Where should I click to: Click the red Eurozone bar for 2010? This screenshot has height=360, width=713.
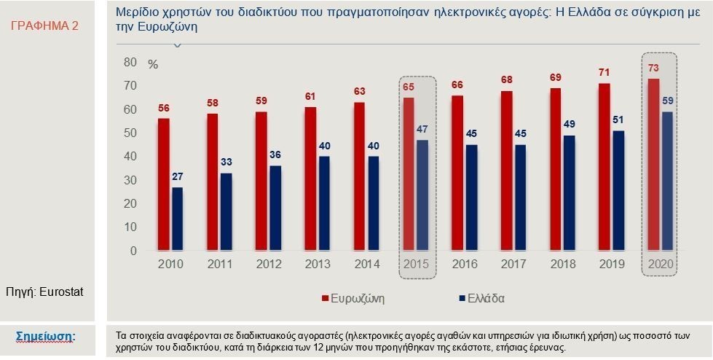163,184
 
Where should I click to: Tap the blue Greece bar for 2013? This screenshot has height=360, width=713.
324,203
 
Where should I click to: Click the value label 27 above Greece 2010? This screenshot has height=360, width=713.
177,177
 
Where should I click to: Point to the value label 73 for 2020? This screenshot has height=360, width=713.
654,68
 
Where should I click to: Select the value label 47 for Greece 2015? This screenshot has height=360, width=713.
422,130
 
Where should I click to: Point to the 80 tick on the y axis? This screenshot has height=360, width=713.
130,63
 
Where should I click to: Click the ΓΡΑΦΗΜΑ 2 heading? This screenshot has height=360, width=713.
46,26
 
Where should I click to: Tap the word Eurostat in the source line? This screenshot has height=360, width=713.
62,291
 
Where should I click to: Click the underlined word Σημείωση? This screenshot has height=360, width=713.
47,336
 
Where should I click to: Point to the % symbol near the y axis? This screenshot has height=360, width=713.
152,63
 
